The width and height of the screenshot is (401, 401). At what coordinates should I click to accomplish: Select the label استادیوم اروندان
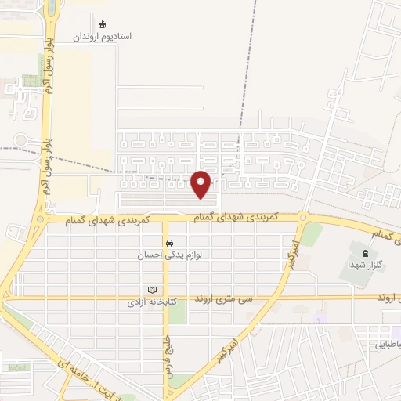point(103,37)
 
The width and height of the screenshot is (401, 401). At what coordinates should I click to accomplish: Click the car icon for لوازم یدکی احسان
point(168,243)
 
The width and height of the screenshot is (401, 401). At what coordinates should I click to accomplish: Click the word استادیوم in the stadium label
point(117,37)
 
